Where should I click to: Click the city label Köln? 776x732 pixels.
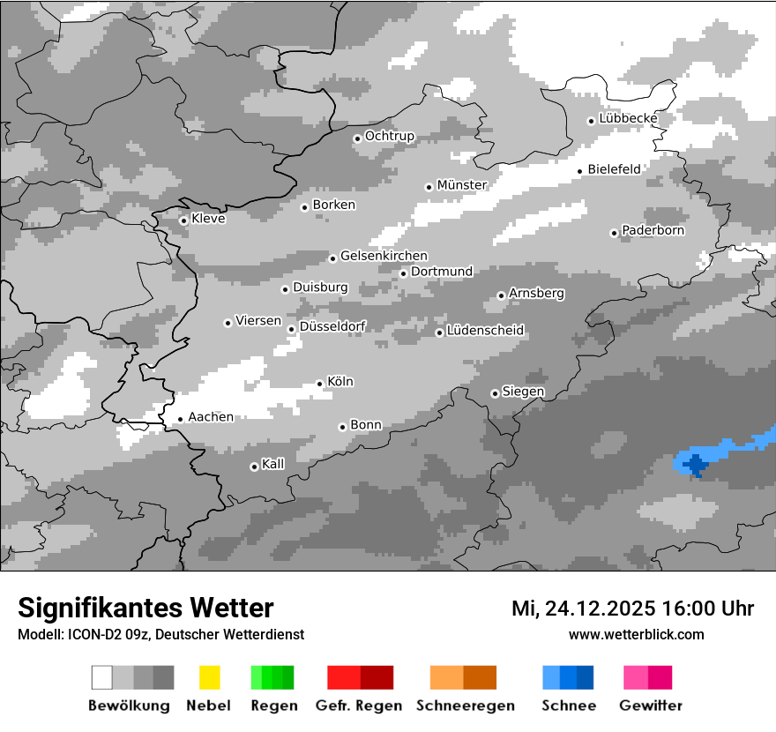(x=340, y=382)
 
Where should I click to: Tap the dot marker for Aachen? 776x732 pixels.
(x=181, y=420)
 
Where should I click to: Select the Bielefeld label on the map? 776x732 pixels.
(x=615, y=169)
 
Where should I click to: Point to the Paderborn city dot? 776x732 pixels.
(x=615, y=233)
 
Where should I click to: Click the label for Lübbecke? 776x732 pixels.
(x=628, y=118)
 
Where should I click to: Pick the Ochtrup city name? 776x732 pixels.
(x=389, y=137)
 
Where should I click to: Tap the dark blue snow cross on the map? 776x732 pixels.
(x=697, y=463)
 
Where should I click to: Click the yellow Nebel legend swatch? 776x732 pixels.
(x=209, y=677)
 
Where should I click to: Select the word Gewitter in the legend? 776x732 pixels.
(x=651, y=706)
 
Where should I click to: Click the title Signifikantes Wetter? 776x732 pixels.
(x=145, y=608)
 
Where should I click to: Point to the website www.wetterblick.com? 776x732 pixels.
(x=636, y=634)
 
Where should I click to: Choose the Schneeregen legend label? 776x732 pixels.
(x=465, y=706)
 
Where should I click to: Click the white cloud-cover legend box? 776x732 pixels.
(x=102, y=677)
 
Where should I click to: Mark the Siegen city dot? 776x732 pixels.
(x=495, y=393)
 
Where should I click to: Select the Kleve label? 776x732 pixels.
(x=208, y=219)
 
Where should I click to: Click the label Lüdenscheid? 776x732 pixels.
(x=485, y=331)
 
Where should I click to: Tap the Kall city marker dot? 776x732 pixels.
(x=254, y=467)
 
